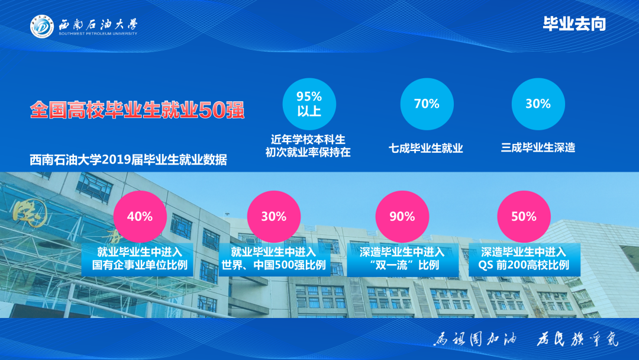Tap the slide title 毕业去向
(x=574, y=24)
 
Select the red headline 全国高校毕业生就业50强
(x=137, y=110)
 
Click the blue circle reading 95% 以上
(x=309, y=104)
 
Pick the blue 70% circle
(x=427, y=104)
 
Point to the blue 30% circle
(x=538, y=104)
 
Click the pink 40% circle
(x=140, y=216)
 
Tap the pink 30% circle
(x=273, y=216)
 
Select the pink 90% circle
(x=402, y=216)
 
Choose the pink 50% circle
(x=524, y=216)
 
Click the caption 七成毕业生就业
(x=426, y=148)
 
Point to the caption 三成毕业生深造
(x=538, y=147)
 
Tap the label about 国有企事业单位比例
(x=140, y=258)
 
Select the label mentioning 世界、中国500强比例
(x=273, y=258)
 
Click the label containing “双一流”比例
(x=402, y=258)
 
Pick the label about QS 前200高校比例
(x=524, y=258)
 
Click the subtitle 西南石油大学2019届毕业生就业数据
(x=128, y=160)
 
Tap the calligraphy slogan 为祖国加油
(x=476, y=340)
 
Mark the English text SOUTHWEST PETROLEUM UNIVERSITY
(x=98, y=34)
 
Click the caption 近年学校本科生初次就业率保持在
(x=308, y=146)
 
